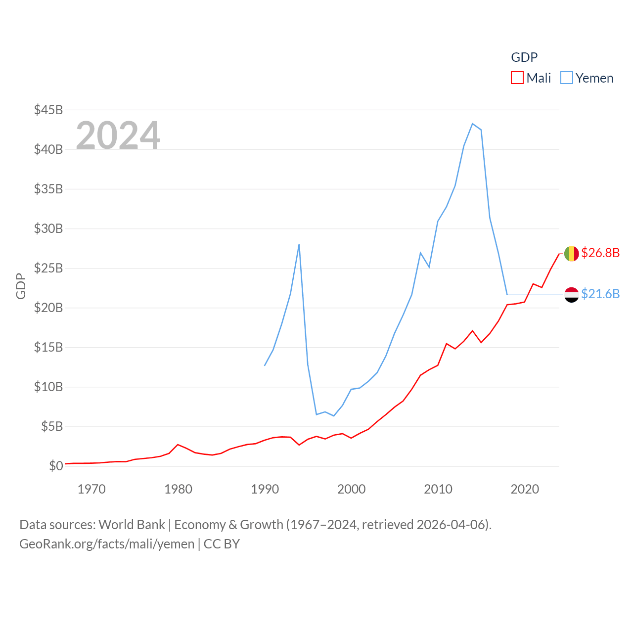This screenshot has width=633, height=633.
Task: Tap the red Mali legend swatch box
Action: point(517,78)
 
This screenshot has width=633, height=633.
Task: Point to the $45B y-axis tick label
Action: point(48,110)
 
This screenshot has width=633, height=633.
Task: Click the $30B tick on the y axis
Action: point(48,228)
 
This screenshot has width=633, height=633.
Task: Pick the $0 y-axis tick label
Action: point(56,466)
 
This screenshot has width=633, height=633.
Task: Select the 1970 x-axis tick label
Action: point(91,489)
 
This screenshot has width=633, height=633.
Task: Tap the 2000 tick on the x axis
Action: point(351,489)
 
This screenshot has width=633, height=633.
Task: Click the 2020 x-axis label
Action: point(524,489)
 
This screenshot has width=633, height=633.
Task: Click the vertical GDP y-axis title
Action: point(21,286)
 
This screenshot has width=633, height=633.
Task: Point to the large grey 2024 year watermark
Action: point(118,135)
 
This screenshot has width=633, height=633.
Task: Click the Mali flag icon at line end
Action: point(571,254)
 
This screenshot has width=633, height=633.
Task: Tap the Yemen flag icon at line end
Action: point(571,295)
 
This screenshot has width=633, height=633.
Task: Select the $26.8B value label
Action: point(600,253)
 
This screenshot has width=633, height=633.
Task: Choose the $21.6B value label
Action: point(600,294)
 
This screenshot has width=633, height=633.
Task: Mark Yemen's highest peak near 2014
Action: point(473,124)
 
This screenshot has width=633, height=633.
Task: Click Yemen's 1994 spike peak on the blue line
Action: point(299,244)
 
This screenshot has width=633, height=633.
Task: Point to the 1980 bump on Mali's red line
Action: point(178,445)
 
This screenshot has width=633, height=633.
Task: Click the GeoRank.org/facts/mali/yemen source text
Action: point(107,544)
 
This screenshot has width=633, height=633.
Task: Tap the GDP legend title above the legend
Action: point(524,57)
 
